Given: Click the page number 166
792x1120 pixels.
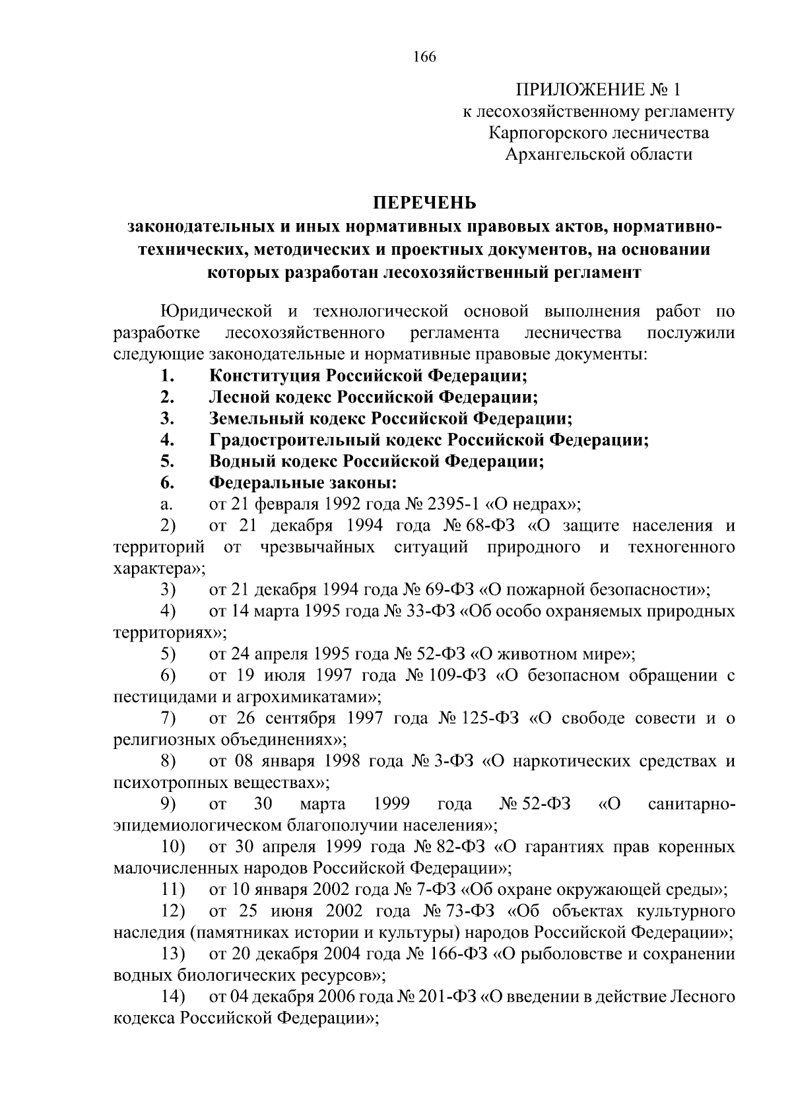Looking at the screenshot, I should [x=424, y=57].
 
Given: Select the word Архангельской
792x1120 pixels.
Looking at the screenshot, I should [x=560, y=154].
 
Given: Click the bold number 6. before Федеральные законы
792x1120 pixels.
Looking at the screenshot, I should [x=167, y=483].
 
